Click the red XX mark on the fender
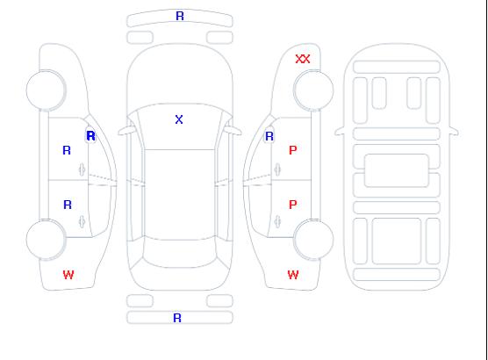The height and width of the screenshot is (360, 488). click(x=303, y=59)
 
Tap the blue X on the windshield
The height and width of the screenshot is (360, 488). click(x=179, y=119)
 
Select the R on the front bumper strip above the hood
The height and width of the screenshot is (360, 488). click(x=180, y=16)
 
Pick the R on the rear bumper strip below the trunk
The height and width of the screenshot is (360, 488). click(x=177, y=318)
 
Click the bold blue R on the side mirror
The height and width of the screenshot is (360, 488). click(x=91, y=136)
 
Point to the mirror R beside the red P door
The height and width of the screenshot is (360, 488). click(x=269, y=136)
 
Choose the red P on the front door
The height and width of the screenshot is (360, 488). click(x=293, y=150)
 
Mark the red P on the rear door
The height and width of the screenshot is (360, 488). click(x=293, y=205)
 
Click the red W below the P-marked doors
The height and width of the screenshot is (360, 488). click(x=293, y=275)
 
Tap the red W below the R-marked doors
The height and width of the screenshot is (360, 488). click(x=68, y=275)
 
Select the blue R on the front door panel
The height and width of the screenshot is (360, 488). click(x=67, y=150)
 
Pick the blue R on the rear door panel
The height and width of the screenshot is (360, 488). click(x=68, y=205)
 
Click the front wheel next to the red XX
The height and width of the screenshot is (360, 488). click(x=313, y=90)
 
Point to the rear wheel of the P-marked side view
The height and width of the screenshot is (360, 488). click(x=313, y=240)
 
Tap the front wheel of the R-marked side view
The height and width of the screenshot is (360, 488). click(x=46, y=90)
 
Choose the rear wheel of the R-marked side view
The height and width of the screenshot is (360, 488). click(x=46, y=240)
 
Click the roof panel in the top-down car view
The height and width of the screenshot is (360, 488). click(x=180, y=195)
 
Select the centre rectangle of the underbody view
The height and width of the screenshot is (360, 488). click(x=397, y=170)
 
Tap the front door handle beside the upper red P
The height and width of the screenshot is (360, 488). click(x=277, y=169)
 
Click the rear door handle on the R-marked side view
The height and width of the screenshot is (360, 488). click(x=82, y=221)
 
